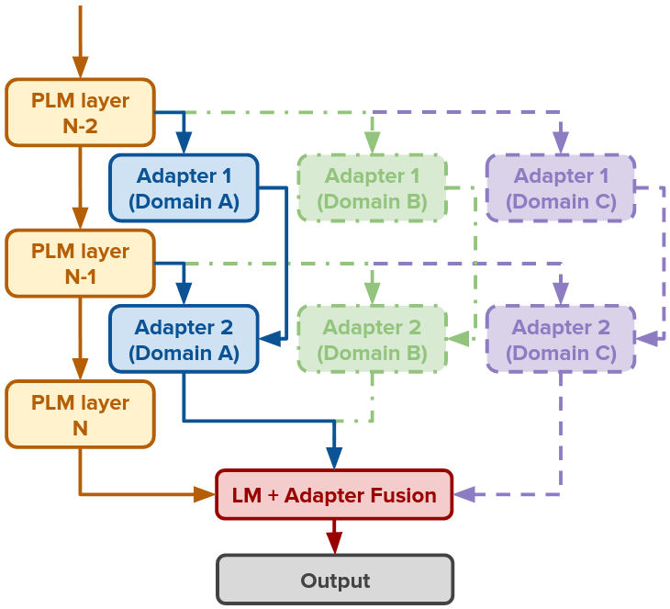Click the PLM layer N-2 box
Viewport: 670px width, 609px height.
pyautogui.click(x=80, y=112)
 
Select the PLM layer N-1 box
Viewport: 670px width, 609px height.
pyautogui.click(x=80, y=264)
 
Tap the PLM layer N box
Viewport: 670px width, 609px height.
pyautogui.click(x=80, y=415)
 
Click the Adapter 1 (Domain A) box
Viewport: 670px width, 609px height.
pyautogui.click(x=184, y=188)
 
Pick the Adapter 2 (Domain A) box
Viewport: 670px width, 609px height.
pyautogui.click(x=184, y=339)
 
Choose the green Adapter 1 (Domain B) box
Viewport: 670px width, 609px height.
pyautogui.click(x=372, y=188)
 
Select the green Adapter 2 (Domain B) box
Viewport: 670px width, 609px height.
pyautogui.click(x=372, y=339)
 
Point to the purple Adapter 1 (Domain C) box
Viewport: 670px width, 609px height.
pyautogui.click(x=560, y=188)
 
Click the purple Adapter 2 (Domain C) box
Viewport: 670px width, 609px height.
pyautogui.click(x=560, y=339)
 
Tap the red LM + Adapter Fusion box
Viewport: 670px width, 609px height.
pyautogui.click(x=334, y=495)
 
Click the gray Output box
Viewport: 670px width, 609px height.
pyautogui.click(x=334, y=580)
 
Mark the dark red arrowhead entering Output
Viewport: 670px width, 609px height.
pyautogui.click(x=334, y=544)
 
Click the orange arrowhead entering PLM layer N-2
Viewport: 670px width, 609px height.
pyautogui.click(x=80, y=68)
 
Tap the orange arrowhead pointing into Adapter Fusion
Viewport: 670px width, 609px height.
pyautogui.click(x=205, y=494)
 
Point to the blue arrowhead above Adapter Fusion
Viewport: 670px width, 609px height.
pyautogui.click(x=334, y=457)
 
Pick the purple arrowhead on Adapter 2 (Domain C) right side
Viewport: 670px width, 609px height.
pyautogui.click(x=646, y=339)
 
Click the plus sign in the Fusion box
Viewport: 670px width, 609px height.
pyautogui.click(x=274, y=496)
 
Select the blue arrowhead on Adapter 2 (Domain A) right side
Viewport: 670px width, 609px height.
pyautogui.click(x=270, y=339)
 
